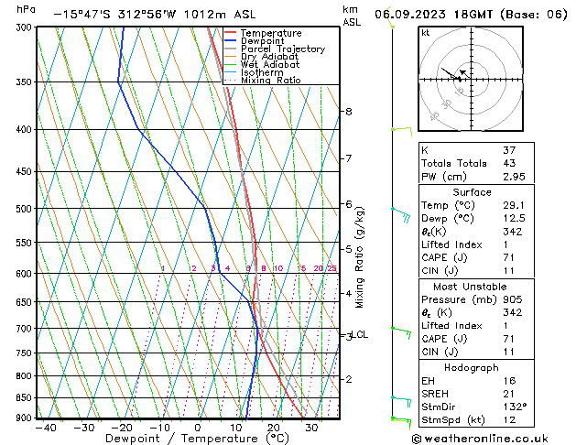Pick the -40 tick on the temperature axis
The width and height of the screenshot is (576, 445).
(x=45, y=428)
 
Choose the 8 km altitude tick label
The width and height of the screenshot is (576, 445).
(x=349, y=112)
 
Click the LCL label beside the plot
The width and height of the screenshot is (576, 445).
(x=360, y=335)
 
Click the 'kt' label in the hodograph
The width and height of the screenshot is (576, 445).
(x=426, y=32)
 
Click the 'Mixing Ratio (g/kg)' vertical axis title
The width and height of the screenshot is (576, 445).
(x=359, y=257)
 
